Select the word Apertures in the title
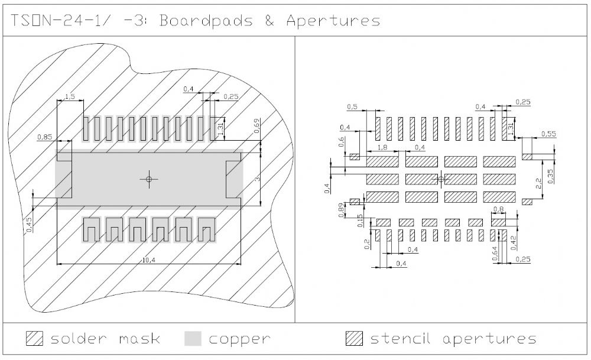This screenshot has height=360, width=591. [333, 21]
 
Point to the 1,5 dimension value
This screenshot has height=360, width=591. [69, 96]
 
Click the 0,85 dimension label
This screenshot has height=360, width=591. [45, 137]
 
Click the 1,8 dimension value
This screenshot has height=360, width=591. [382, 147]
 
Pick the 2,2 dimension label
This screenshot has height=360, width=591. [538, 184]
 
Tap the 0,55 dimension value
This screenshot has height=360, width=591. [548, 134]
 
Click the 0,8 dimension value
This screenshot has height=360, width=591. [498, 209]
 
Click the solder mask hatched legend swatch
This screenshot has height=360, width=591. [35, 339]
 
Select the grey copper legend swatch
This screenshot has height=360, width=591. [193, 339]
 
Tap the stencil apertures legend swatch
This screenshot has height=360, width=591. [354, 339]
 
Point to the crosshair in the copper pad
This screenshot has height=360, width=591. [149, 179]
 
